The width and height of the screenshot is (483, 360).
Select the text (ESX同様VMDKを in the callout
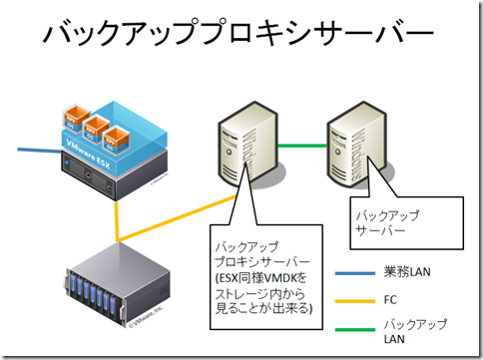pos(262,276)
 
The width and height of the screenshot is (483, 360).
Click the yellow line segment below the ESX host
pos(120,214)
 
